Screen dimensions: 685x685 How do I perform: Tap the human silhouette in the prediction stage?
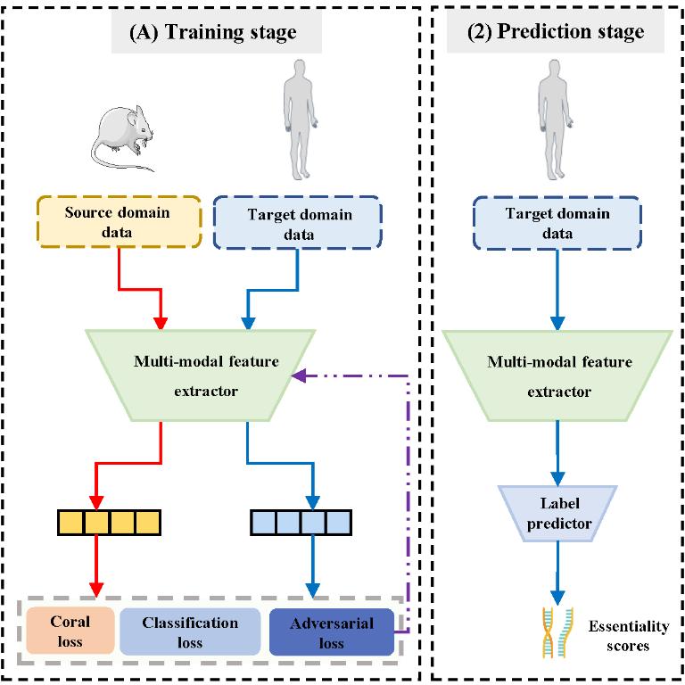(555, 125)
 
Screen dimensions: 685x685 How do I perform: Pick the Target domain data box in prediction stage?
(557, 223)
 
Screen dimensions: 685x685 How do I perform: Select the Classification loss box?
(190, 631)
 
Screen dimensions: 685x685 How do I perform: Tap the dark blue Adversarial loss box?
(331, 631)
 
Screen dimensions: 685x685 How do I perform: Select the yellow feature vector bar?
(109, 521)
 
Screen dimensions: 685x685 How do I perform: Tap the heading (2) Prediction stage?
(556, 33)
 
